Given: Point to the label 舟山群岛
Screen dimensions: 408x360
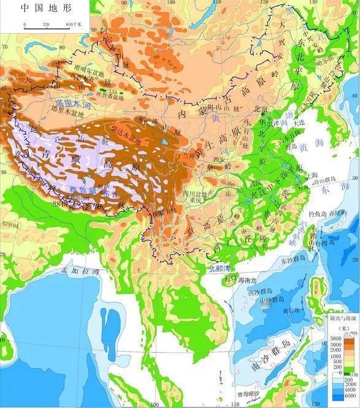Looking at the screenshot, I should pyautogui.click(x=324, y=181).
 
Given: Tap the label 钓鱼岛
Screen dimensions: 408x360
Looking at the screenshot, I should pyautogui.click(x=320, y=214).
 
